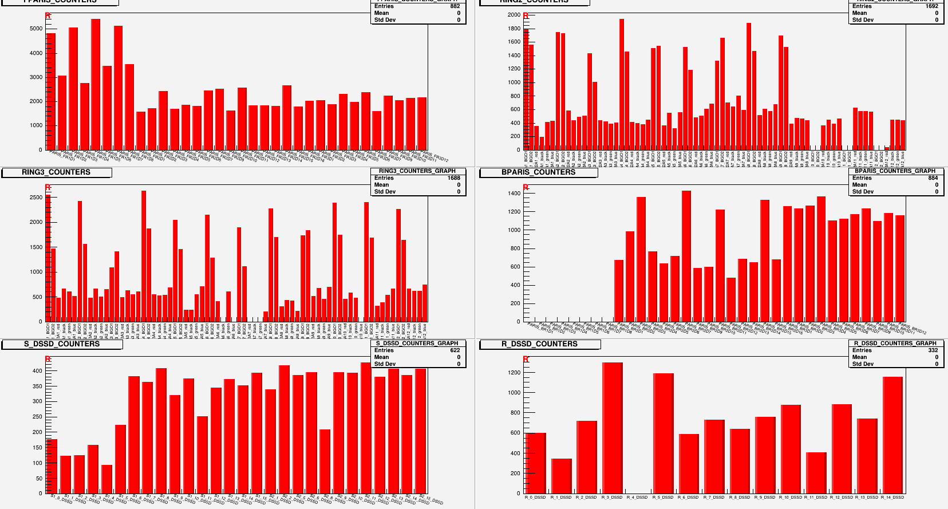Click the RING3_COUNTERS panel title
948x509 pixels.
56,172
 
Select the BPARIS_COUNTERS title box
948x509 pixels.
538,172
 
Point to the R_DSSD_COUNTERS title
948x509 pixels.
539,344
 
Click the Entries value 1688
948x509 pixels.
453,178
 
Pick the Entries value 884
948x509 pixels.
933,178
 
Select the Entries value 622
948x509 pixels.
455,350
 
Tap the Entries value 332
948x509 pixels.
933,350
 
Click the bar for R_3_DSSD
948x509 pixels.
612,427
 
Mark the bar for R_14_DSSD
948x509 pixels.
892,435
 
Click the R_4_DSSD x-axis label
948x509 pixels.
637,498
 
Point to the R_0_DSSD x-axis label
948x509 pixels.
535,498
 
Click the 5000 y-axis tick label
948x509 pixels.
36,29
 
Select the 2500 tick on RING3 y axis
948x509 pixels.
36,198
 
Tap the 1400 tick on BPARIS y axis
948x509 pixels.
513,194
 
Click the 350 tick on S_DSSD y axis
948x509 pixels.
37,386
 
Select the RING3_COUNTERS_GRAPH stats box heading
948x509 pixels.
417,171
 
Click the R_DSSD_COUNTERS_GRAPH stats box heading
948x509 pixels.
895,344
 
